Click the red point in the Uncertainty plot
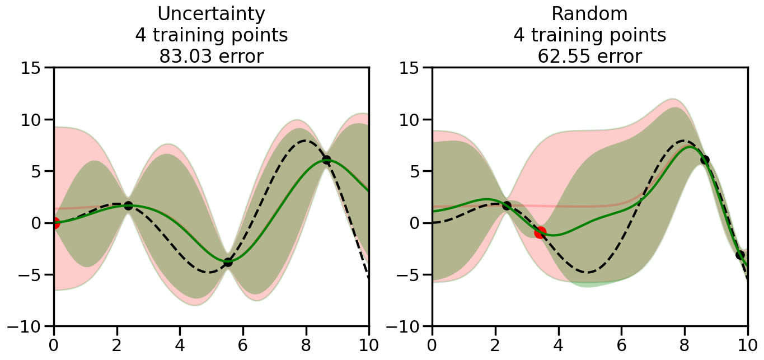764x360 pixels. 54,223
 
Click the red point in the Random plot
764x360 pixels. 540,232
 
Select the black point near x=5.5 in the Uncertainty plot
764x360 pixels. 228,261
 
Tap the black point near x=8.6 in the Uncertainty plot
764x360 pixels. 326,160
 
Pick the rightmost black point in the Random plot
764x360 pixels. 740,255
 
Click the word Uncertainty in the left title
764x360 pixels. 211,14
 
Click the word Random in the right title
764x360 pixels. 589,14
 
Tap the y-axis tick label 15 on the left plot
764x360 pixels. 34,68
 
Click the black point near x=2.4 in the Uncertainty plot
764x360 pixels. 128,205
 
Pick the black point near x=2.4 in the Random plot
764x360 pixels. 507,205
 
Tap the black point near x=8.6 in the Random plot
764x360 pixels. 705,160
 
